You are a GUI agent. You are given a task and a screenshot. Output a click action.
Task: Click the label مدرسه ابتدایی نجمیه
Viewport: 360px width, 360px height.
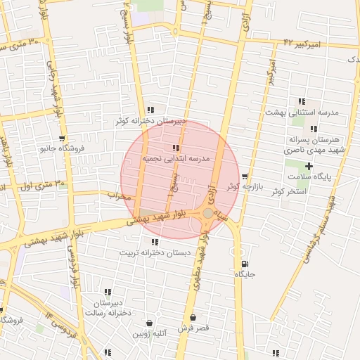[177, 160]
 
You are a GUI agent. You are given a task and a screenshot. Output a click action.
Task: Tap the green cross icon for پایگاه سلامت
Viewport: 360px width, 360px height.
[309, 165]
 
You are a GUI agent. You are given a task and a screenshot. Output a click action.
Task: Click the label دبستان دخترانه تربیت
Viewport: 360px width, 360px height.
[154, 252]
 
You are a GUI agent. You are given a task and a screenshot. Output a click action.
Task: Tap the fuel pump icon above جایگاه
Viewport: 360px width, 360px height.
[243, 265]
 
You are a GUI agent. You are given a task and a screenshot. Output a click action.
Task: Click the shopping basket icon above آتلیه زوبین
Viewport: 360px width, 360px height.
[148, 323]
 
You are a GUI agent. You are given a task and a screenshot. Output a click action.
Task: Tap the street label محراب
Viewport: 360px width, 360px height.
[119, 195]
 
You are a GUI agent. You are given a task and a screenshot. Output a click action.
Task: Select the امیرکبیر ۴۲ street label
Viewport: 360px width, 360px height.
[302, 43]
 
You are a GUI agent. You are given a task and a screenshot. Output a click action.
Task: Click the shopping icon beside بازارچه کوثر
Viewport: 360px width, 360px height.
[245, 176]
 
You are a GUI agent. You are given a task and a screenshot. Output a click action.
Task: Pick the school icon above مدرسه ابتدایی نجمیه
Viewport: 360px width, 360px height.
[175, 148]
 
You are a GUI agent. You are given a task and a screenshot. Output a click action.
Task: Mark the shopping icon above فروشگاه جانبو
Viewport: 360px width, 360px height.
[63, 139]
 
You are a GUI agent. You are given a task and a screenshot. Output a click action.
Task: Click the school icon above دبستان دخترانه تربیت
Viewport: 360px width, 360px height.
[154, 242]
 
